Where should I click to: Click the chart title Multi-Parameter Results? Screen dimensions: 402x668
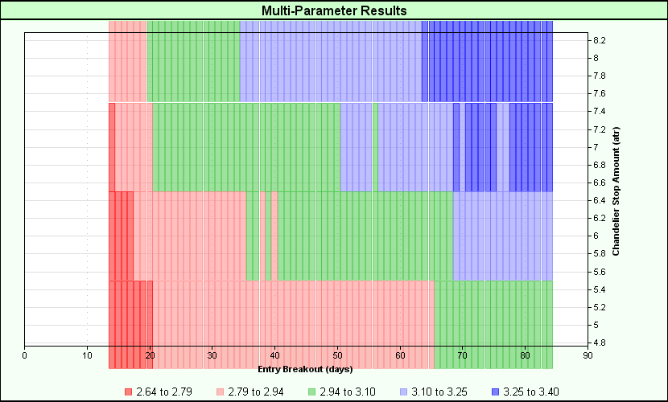pyautogui.click(x=334, y=11)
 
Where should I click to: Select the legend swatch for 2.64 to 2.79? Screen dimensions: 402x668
pyautogui.click(x=128, y=392)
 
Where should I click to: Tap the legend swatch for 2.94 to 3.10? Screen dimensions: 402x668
pyautogui.click(x=311, y=392)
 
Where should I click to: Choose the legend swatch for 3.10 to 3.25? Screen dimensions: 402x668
pyautogui.click(x=403, y=392)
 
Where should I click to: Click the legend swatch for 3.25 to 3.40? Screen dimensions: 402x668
pyautogui.click(x=495, y=392)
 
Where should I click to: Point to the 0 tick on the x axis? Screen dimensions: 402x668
pyautogui.click(x=25, y=355)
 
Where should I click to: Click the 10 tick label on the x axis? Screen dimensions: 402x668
pyautogui.click(x=87, y=355)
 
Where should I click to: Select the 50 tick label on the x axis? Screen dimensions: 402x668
pyautogui.click(x=337, y=355)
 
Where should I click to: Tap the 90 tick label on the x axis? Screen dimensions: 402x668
pyautogui.click(x=588, y=355)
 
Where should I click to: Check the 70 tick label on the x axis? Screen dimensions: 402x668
pyautogui.click(x=462, y=355)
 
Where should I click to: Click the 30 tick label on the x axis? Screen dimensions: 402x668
pyautogui.click(x=212, y=355)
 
